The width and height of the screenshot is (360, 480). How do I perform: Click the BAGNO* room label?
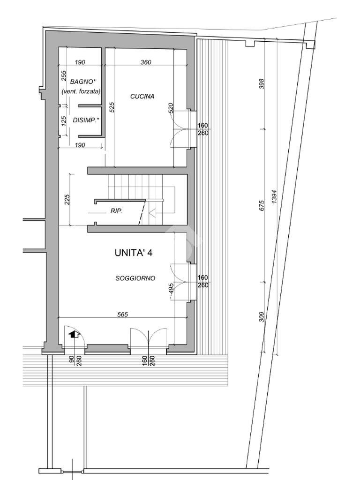82,82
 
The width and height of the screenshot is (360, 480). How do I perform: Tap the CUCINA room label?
142,97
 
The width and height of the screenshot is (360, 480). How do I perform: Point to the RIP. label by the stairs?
116,211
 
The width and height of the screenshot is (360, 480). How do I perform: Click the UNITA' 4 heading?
133,253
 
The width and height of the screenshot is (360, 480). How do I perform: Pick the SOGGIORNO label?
135,278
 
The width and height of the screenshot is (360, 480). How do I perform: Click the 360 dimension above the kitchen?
145,62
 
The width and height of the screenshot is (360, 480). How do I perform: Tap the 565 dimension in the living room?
123,315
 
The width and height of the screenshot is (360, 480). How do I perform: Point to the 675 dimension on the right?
262,205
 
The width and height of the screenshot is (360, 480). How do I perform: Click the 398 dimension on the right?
262,84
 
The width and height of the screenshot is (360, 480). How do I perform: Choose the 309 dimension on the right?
262,317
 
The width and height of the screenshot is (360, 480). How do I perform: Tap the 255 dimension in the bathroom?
64,76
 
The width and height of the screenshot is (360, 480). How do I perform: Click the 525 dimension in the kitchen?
112,108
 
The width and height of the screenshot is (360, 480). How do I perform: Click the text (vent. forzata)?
81,91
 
